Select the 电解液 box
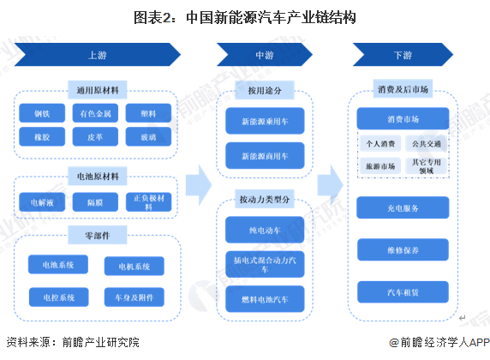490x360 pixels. (x=42, y=202)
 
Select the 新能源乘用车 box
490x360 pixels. (x=262, y=123)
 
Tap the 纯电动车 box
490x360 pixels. (x=262, y=231)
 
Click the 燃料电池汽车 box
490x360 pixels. (x=262, y=298)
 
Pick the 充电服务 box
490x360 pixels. (x=402, y=207)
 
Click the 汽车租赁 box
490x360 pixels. (x=402, y=292)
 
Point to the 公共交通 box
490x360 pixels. (x=425, y=144)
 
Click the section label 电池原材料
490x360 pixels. (x=97, y=176)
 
